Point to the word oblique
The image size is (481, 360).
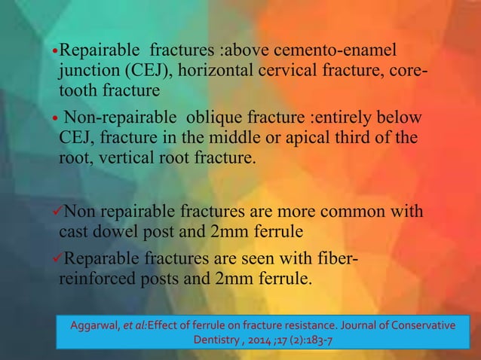pyautogui.click(x=207, y=118)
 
